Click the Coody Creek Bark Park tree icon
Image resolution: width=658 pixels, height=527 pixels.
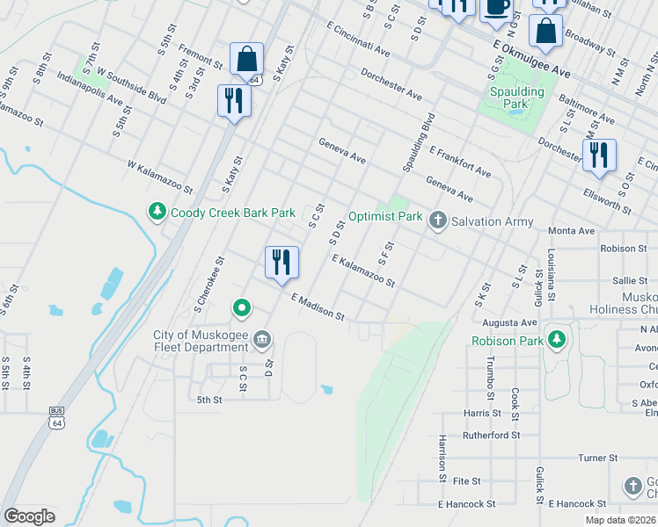pyautogui.click(x=157, y=213)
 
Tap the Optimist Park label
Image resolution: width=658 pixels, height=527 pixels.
pyautogui.click(x=384, y=216)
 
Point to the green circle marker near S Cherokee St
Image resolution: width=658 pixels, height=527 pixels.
pyautogui.click(x=242, y=308)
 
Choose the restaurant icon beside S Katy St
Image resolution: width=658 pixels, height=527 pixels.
pyautogui.click(x=234, y=100)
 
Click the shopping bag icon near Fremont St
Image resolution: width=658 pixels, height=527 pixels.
pyautogui.click(x=247, y=60)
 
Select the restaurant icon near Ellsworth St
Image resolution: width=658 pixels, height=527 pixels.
pyautogui.click(x=598, y=155)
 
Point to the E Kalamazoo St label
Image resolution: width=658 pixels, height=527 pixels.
pyautogui.click(x=363, y=271)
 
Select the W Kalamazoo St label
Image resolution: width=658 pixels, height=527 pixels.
pyautogui.click(x=159, y=177)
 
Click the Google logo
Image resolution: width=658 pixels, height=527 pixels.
pyautogui.click(x=29, y=516)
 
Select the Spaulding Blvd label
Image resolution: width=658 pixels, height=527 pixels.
pyautogui.click(x=419, y=142)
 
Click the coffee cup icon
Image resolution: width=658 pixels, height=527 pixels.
pyautogui.click(x=496, y=7)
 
